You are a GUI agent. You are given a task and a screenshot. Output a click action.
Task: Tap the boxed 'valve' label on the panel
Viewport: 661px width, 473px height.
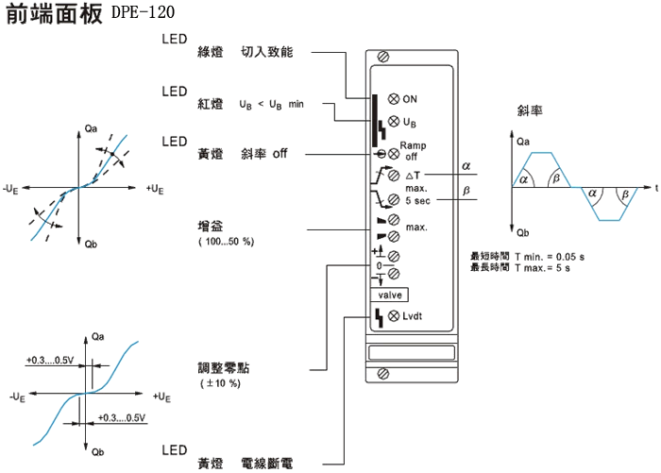click(x=390, y=296)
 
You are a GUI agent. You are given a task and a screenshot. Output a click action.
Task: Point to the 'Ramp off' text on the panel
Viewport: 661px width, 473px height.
click(x=413, y=150)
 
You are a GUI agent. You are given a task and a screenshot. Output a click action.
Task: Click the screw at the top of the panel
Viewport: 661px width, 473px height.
click(x=383, y=59)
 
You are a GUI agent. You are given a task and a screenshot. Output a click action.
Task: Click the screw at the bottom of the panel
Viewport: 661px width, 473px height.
click(x=383, y=374)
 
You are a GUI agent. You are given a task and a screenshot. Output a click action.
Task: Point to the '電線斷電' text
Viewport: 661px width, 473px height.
click(x=267, y=463)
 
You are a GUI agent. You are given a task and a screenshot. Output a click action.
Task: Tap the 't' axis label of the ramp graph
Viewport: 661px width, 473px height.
click(x=654, y=188)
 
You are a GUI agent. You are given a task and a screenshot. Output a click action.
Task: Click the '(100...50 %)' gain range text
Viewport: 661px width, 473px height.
click(x=226, y=243)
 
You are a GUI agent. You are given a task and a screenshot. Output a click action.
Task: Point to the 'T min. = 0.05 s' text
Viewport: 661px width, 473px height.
click(x=549, y=257)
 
